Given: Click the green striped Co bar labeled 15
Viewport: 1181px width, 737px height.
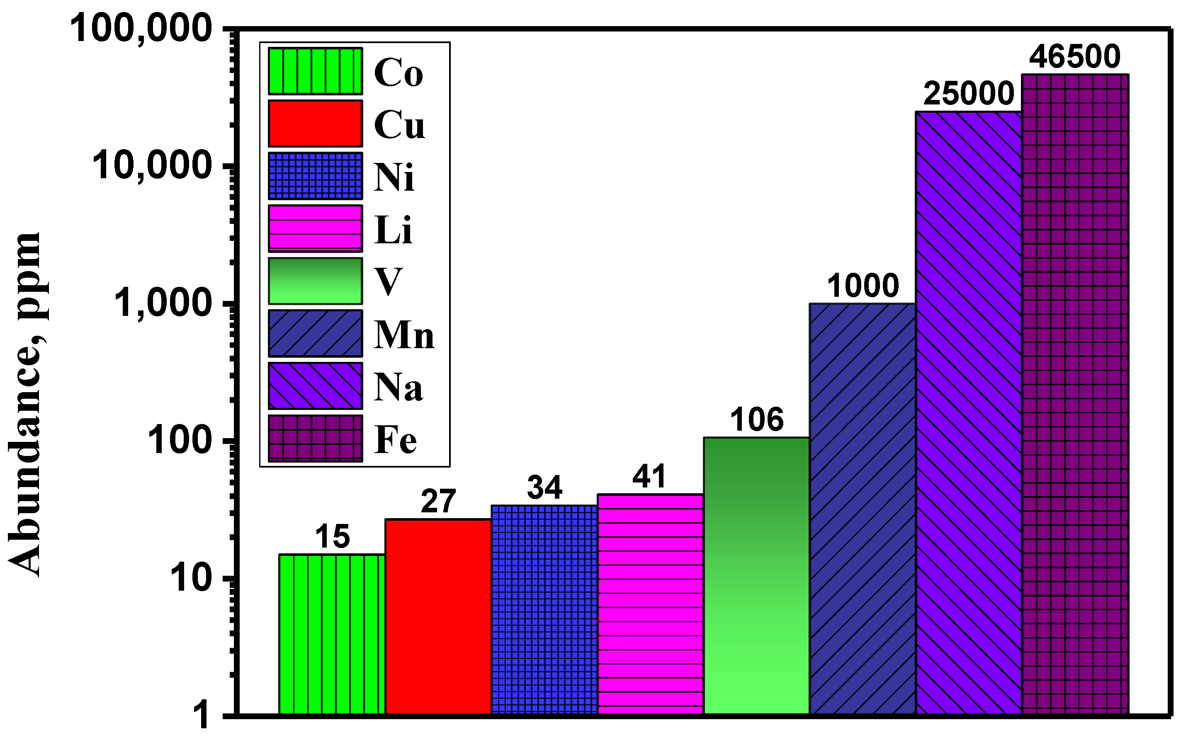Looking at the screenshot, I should pyautogui.click(x=332, y=634).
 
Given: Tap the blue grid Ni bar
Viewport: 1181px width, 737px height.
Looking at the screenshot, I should pyautogui.click(x=544, y=609).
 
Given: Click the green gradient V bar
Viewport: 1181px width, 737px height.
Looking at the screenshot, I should pyautogui.click(x=756, y=575).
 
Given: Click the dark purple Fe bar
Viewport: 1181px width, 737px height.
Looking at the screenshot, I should pyautogui.click(x=1075, y=395).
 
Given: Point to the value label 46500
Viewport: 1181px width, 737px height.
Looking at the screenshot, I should pyautogui.click(x=1075, y=57).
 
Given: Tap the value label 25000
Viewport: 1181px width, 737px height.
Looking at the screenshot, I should pyautogui.click(x=968, y=94).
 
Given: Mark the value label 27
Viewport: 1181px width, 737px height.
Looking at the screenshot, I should pyautogui.click(x=438, y=502).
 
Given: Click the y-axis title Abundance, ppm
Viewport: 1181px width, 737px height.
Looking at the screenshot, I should pyautogui.click(x=24, y=405).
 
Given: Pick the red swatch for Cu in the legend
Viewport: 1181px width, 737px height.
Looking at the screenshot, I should pyautogui.click(x=315, y=124).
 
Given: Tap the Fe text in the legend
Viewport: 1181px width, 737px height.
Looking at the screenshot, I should pyautogui.click(x=396, y=440).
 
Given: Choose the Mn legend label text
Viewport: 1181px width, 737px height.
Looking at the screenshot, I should pyautogui.click(x=404, y=335).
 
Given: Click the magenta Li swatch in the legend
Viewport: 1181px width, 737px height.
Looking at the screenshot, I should pyautogui.click(x=315, y=228).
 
